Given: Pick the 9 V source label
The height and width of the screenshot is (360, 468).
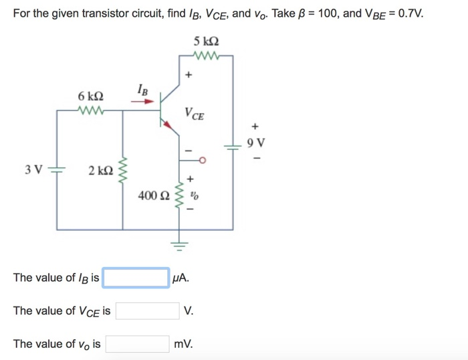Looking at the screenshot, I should [x=255, y=143].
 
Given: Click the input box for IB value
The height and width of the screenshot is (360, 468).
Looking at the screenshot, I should [x=136, y=278].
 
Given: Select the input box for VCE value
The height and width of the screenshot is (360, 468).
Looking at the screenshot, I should [x=146, y=311].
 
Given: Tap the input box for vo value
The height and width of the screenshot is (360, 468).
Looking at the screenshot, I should [x=138, y=344].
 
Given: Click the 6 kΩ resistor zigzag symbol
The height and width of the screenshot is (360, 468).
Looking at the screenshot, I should [x=90, y=109].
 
